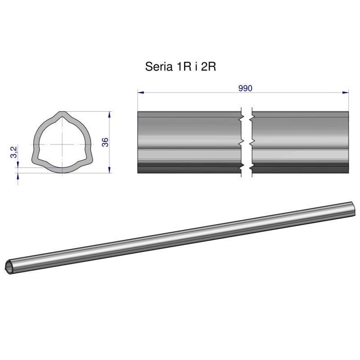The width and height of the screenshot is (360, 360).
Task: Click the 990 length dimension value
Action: click(x=245, y=88)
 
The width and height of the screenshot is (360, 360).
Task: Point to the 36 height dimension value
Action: click(x=105, y=142)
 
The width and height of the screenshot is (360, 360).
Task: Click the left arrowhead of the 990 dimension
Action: click(x=140, y=93)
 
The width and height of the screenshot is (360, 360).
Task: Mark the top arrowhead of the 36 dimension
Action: click(x=110, y=114)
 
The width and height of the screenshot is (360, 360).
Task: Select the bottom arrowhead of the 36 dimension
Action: click(x=110, y=170)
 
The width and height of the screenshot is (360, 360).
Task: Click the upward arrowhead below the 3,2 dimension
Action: click(x=18, y=176)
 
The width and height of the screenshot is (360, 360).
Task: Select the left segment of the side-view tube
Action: click(x=189, y=142)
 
